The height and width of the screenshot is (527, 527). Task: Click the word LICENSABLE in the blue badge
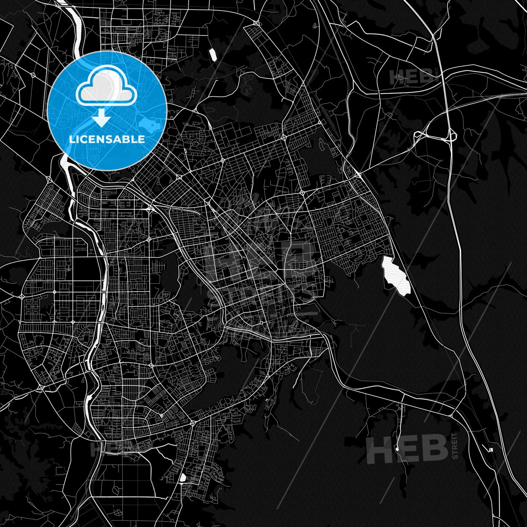107,139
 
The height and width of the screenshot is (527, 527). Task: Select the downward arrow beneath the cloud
102,119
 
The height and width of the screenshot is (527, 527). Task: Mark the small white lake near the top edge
213,55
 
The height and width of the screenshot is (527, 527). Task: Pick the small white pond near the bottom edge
182,478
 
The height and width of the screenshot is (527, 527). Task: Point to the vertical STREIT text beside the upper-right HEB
437,75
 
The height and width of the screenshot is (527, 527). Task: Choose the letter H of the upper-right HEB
396,77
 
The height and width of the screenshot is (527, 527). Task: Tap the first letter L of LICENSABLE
71,139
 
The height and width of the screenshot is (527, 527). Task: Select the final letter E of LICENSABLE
142,139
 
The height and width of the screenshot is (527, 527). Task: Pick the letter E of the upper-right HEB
411,77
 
